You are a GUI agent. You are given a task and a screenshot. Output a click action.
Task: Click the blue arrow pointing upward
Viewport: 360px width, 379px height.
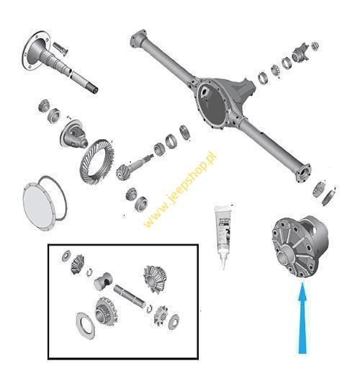[302, 319]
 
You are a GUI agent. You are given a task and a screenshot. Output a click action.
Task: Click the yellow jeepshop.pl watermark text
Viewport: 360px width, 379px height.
[180, 189]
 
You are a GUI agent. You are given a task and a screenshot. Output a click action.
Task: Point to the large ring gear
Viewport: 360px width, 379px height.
[97, 161]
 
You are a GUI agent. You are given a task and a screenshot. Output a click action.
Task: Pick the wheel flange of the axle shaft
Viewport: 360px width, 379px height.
[36, 50]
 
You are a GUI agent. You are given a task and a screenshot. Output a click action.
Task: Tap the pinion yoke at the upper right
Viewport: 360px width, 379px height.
[300, 53]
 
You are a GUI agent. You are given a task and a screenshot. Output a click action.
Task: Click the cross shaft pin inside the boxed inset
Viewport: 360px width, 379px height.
[130, 297]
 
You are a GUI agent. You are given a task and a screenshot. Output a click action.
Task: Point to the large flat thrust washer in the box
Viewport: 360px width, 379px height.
[85, 325]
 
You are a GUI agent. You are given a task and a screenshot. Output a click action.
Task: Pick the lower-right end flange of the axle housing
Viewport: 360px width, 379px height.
[303, 173]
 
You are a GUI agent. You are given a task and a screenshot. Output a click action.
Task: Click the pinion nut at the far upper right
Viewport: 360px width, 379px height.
[315, 45]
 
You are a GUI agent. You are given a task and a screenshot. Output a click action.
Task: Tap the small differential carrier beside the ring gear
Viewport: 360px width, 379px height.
[73, 134]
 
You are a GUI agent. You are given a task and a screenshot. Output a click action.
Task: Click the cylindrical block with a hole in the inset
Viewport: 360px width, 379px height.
[103, 281]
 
